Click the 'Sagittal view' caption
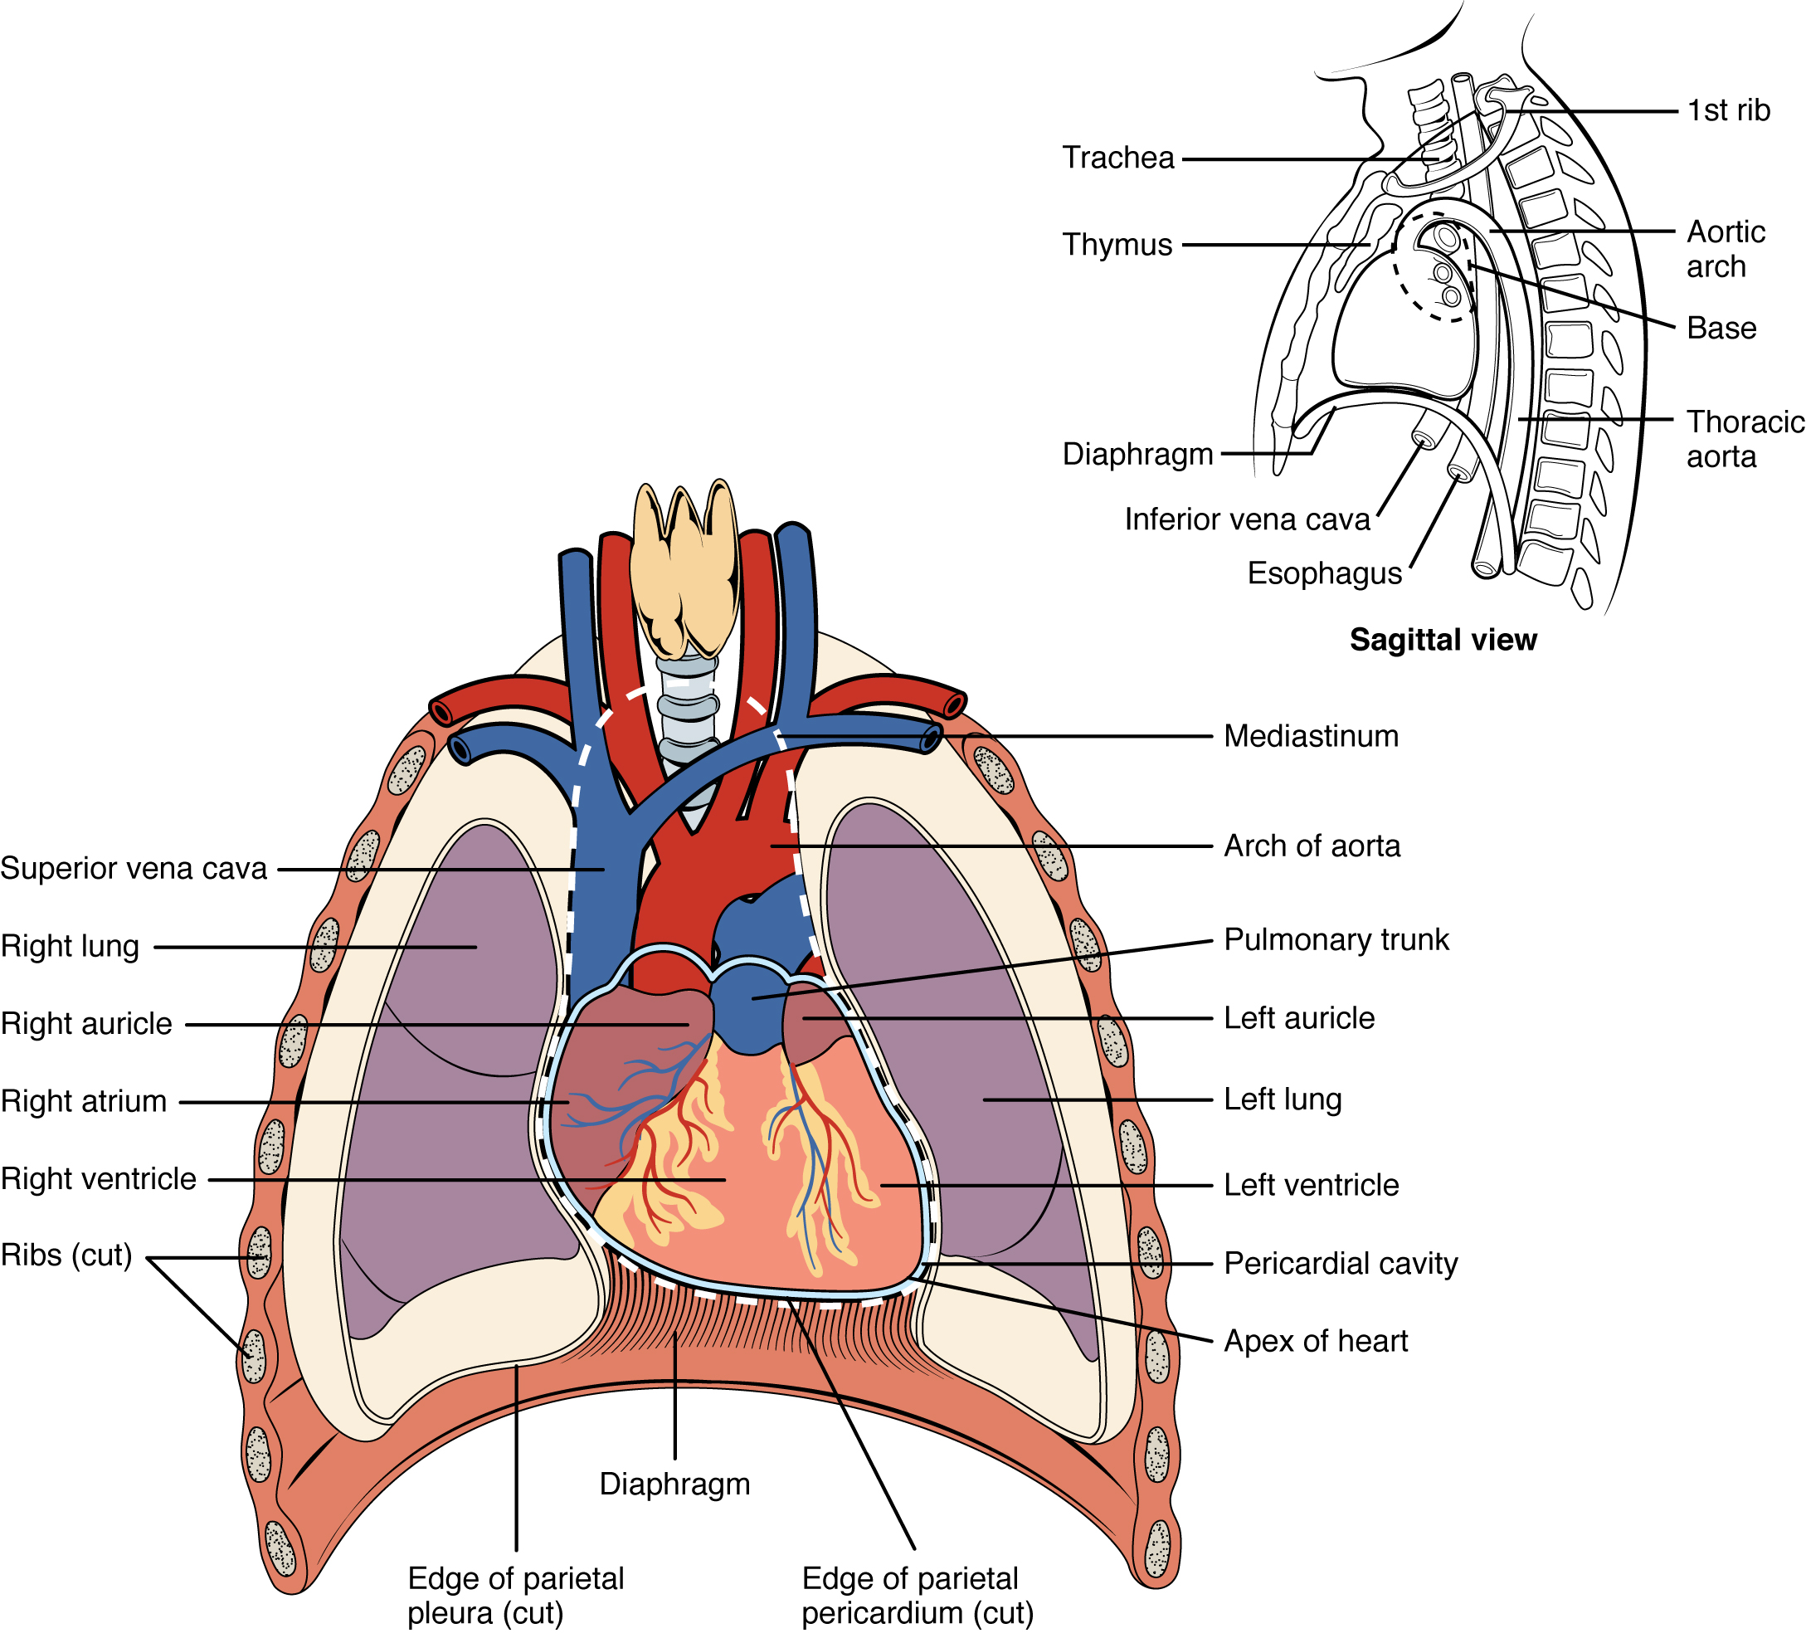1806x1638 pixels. point(1443,640)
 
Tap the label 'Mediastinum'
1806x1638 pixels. point(1311,737)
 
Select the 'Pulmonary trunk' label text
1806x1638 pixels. point(1336,940)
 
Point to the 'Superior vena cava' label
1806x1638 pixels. point(134,868)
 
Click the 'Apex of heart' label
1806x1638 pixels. point(1315,1342)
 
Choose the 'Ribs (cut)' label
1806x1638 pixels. point(66,1255)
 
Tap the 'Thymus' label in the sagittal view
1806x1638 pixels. point(1117,245)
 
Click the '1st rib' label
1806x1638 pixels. point(1728,110)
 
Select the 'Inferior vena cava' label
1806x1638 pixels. point(1247,519)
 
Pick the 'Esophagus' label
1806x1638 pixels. point(1324,573)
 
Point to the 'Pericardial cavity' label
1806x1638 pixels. point(1340,1264)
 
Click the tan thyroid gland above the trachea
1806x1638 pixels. point(684,573)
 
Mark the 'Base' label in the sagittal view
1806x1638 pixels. point(1721,328)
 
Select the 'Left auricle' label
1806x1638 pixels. point(1299,1019)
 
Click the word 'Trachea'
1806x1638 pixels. point(1118,158)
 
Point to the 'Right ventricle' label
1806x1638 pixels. point(99,1179)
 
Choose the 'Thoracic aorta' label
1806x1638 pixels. point(1743,439)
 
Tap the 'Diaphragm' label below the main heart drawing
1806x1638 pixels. point(674,1484)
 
